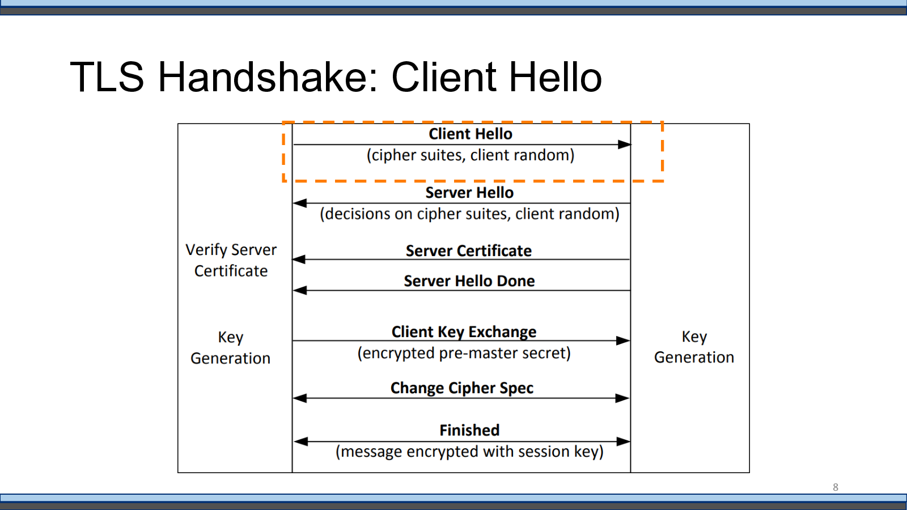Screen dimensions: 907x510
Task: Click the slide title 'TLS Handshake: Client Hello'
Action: (x=336, y=77)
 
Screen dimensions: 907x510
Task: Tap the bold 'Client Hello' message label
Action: (x=471, y=134)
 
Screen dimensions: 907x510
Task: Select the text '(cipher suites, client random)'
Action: (x=471, y=155)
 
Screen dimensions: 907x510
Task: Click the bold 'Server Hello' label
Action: (x=469, y=193)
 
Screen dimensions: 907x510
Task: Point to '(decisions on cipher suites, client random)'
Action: (x=470, y=214)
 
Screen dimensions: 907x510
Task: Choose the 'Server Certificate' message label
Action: (x=468, y=251)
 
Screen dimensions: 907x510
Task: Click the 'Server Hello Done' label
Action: (x=469, y=281)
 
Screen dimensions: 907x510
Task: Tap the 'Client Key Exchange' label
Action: (x=464, y=332)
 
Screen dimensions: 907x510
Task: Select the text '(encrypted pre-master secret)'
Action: (x=464, y=354)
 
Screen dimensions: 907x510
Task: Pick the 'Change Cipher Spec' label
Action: (x=462, y=388)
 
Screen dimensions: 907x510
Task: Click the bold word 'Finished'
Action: (x=470, y=430)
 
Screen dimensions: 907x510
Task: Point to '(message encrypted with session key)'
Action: (x=470, y=452)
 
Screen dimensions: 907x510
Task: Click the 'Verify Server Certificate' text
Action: (x=231, y=260)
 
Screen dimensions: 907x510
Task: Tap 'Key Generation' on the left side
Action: (x=230, y=348)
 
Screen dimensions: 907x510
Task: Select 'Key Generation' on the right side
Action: (x=694, y=347)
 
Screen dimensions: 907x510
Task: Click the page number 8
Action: (x=836, y=487)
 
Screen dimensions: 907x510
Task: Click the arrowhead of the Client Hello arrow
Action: (x=624, y=144)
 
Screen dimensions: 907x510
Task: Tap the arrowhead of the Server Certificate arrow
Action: (x=299, y=260)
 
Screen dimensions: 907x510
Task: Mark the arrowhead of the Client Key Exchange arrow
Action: (x=623, y=341)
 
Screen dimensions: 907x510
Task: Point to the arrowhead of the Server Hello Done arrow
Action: (x=300, y=291)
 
